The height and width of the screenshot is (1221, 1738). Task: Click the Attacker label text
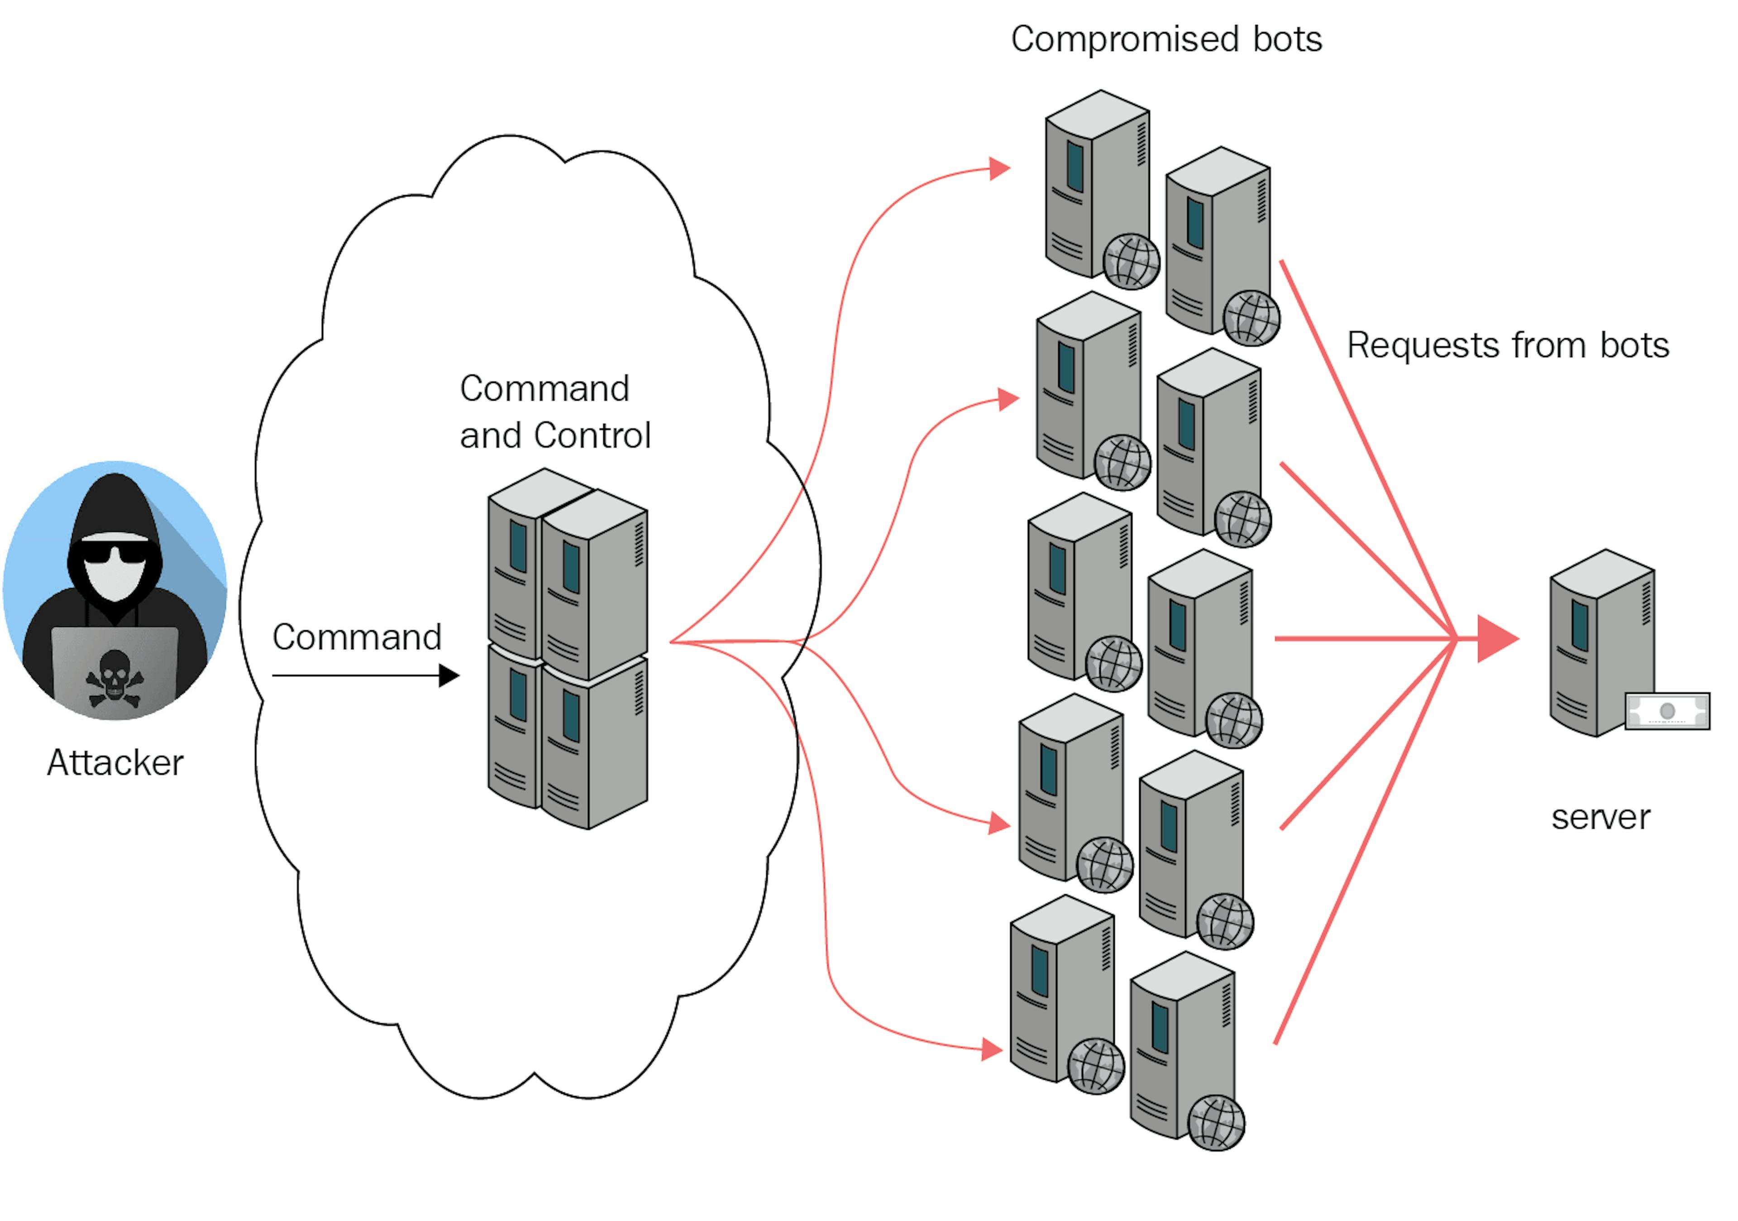point(115,762)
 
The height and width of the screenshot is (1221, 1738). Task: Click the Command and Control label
point(555,412)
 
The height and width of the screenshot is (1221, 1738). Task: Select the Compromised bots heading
point(1166,39)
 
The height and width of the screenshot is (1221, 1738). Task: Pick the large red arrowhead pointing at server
point(1496,639)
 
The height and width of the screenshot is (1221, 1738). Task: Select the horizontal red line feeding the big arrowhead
point(1362,639)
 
